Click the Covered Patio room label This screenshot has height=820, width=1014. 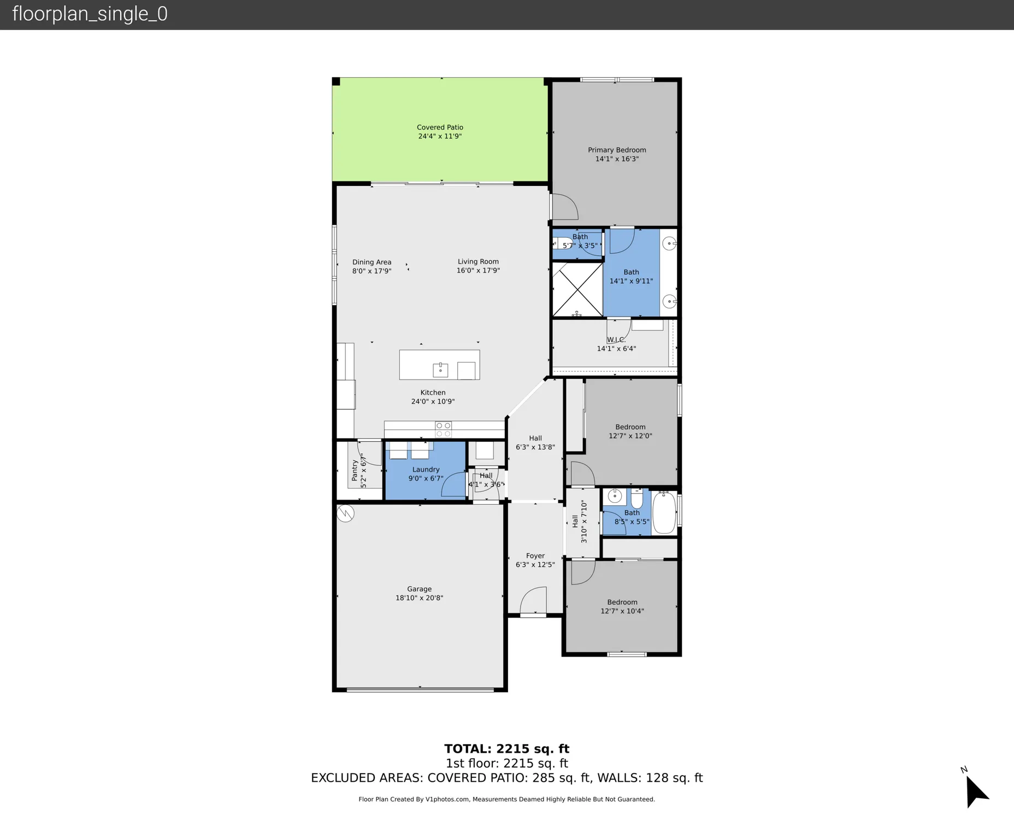(x=440, y=127)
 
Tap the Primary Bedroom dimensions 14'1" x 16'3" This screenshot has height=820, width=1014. (x=617, y=159)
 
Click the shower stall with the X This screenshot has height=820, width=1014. (x=577, y=289)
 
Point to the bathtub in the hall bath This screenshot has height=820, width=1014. (x=664, y=513)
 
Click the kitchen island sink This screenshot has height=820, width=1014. (x=440, y=370)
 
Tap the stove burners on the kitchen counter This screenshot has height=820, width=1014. (x=443, y=430)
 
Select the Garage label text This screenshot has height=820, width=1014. (x=419, y=589)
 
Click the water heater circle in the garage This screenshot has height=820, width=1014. (x=345, y=513)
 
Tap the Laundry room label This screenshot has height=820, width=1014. (x=426, y=470)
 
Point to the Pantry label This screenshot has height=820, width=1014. (x=355, y=470)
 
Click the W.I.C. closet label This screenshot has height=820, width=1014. (x=616, y=339)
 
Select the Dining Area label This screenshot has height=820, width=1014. (x=372, y=262)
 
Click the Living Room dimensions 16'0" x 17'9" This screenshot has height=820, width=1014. (x=478, y=271)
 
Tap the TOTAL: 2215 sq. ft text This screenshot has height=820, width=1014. (x=506, y=749)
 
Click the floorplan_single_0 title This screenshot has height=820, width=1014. (x=90, y=14)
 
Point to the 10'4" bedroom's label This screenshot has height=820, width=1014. (x=622, y=602)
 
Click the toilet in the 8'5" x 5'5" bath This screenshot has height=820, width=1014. (x=637, y=499)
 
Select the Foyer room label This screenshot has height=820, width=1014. (x=535, y=555)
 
